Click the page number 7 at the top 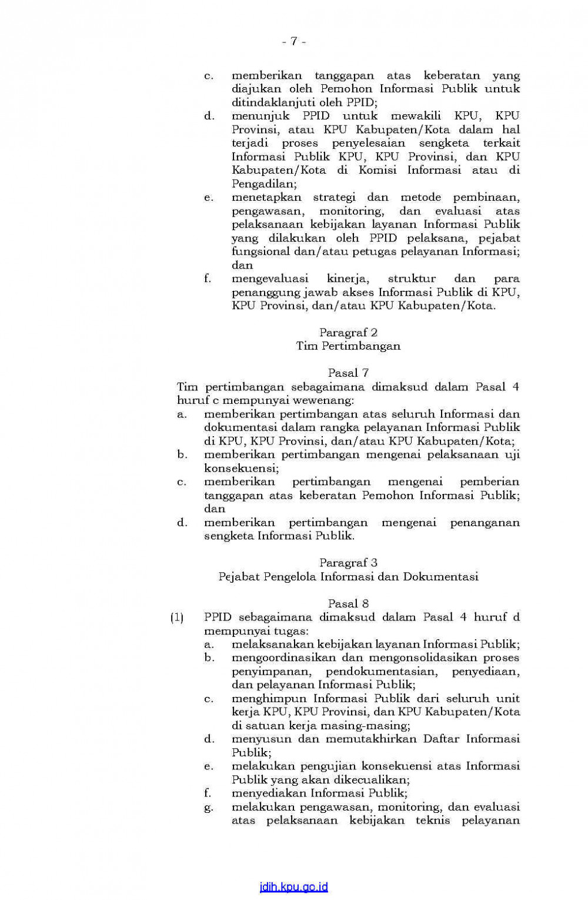294,41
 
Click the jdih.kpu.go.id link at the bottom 293,887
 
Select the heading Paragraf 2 348,333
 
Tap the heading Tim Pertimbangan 348,346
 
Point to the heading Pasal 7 348,373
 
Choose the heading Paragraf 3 348,563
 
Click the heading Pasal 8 348,603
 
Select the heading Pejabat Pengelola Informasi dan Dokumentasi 348,577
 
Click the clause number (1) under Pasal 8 177,617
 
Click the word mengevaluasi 270,278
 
